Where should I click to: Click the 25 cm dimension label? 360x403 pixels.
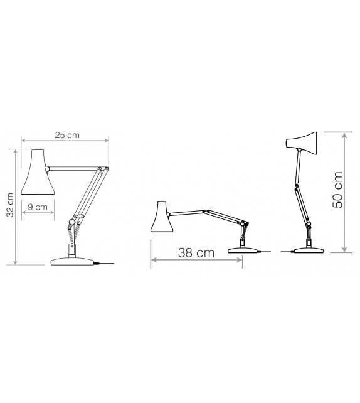click(66, 135)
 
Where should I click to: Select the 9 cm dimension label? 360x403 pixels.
click(38, 207)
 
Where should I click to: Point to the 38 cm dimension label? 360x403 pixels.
click(196, 253)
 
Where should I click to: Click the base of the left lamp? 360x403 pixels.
click(73, 261)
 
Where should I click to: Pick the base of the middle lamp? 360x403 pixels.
click(243, 250)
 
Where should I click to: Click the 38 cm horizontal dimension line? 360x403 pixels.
click(196, 262)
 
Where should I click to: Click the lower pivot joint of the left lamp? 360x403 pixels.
click(73, 222)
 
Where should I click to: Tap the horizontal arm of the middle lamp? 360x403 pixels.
click(201, 212)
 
